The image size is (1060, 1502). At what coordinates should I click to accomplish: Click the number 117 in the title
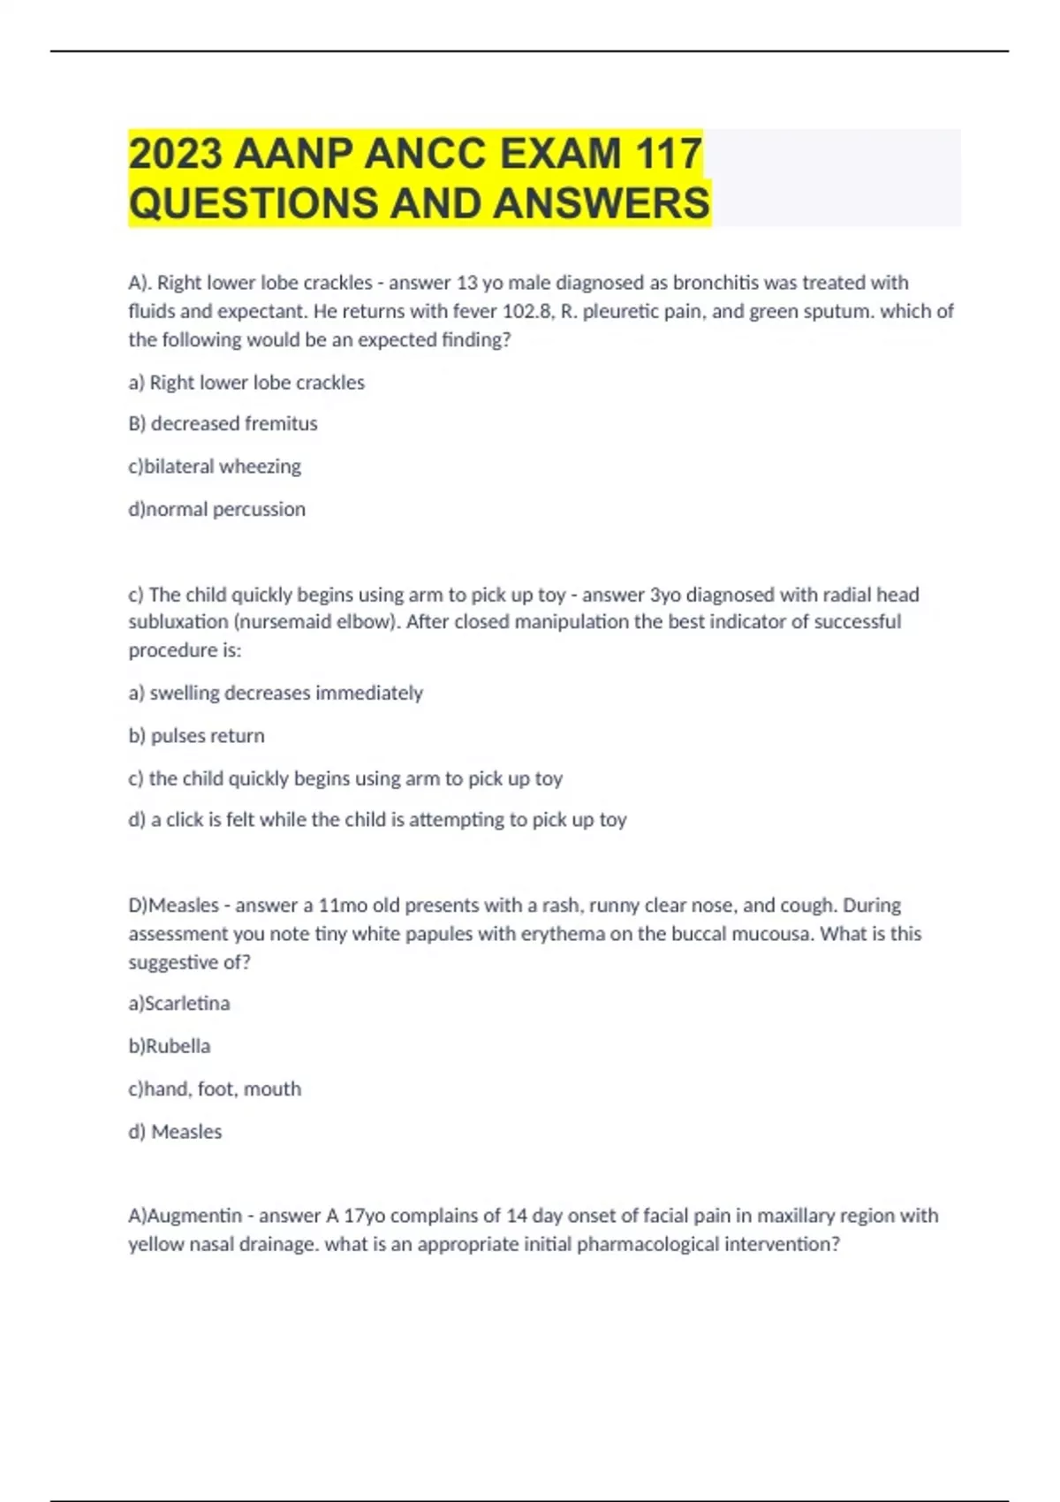[668, 154]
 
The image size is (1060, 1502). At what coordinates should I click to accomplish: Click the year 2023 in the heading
[176, 154]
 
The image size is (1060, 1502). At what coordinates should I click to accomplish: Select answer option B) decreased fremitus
[223, 424]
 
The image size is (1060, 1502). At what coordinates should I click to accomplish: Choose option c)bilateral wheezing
[215, 467]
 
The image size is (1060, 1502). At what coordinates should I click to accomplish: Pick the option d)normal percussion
[216, 510]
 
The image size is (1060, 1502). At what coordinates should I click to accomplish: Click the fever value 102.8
[526, 311]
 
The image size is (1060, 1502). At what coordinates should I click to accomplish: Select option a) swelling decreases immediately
[276, 694]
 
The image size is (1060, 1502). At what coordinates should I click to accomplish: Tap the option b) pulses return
[196, 736]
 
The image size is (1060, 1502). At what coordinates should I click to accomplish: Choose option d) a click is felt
[377, 820]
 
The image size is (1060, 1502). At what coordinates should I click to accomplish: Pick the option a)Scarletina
[178, 1004]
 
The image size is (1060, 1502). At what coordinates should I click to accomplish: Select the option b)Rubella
[169, 1046]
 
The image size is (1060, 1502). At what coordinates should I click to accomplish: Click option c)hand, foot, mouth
[215, 1089]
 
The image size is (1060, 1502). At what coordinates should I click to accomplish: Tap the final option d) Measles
[175, 1132]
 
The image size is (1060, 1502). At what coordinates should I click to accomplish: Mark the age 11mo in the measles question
[343, 906]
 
